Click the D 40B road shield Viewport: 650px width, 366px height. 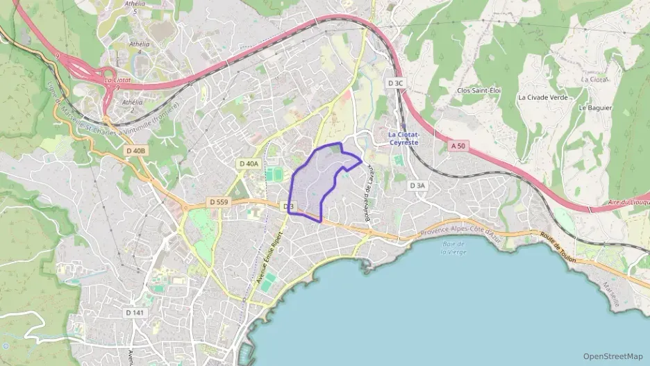click(136, 151)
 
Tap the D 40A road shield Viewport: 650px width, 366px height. click(249, 164)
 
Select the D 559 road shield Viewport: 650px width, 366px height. click(218, 202)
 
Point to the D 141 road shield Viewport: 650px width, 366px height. click(135, 313)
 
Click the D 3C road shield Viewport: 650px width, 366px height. click(395, 83)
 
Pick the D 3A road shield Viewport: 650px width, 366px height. click(417, 185)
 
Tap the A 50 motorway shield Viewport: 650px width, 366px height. click(457, 146)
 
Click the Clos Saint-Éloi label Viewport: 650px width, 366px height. click(478, 91)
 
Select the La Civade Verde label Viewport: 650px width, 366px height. click(542, 97)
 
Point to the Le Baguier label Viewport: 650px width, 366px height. click(595, 108)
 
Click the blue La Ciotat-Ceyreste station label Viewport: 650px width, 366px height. click(408, 138)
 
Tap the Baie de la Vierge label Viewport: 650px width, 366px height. click(452, 248)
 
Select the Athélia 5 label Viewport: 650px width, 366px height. click(135, 7)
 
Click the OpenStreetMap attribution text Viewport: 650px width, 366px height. click(612, 356)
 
